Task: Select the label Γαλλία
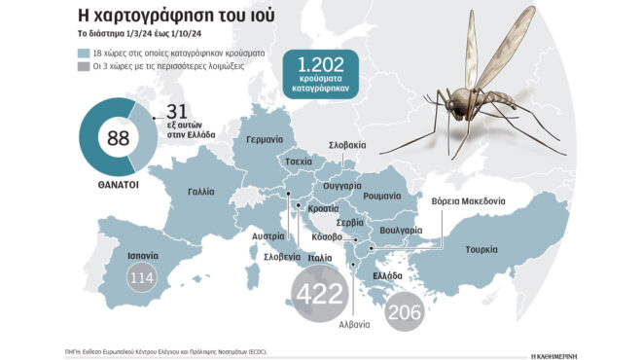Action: [x=196, y=193]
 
